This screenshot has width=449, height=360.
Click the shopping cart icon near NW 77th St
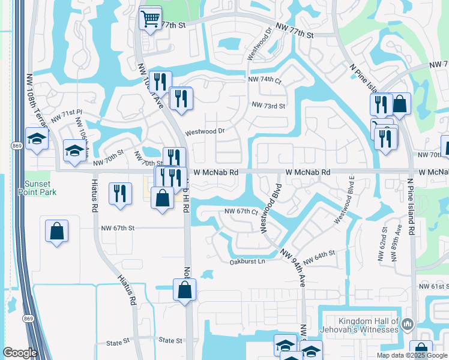150,17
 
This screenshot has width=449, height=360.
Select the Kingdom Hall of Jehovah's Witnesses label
369,325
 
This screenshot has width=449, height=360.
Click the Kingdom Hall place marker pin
408,325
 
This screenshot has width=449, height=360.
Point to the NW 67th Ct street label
241,211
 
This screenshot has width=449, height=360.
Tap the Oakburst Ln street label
247,261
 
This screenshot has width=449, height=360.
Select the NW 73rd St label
268,105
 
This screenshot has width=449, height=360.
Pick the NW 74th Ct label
265,80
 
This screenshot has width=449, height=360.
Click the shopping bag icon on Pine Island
400,104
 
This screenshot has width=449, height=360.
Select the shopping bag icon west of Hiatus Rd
56,231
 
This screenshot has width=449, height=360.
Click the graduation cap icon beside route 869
37,139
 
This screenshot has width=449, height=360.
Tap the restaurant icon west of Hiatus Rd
120,193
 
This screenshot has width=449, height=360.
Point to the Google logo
20,353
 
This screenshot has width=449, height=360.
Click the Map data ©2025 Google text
412,355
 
